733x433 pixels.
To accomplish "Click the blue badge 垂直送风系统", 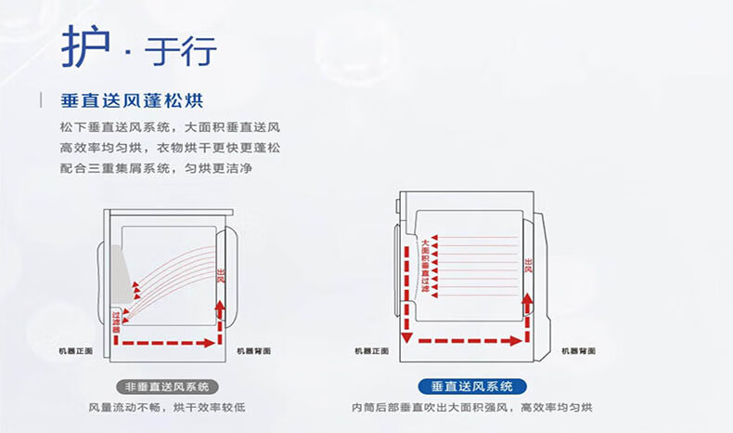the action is [472, 387].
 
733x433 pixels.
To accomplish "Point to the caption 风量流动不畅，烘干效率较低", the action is [167, 408].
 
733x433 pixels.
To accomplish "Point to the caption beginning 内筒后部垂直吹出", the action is [472, 408].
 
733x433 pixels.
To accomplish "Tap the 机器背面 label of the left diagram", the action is [253, 351].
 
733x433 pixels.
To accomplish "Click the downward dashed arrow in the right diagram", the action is [405, 288].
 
